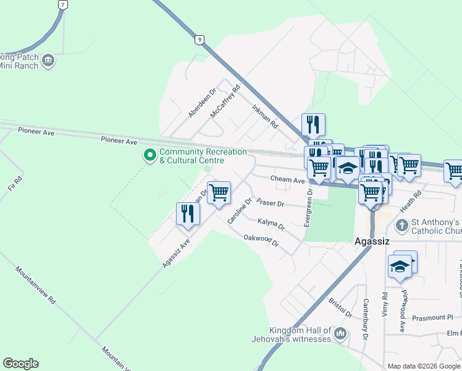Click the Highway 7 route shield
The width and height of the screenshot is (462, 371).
coord(62,4)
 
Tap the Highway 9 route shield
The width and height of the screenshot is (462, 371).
coord(198,40)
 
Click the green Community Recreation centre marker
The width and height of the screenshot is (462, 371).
coord(149,155)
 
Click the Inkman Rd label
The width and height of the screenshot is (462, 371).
coord(265,117)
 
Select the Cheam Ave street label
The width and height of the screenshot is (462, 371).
coord(288,179)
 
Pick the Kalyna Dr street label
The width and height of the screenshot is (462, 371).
coord(271,223)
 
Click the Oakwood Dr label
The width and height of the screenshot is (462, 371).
coord(261,240)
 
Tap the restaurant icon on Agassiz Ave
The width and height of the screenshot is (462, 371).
coord(188,213)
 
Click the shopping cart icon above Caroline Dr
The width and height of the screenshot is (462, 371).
coord(219,192)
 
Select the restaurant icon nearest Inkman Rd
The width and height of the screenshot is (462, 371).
coord(314,124)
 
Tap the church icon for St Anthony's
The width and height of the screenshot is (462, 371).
coord(401,226)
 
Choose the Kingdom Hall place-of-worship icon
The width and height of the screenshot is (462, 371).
coord(340,335)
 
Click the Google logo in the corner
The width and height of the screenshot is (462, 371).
coord(20,364)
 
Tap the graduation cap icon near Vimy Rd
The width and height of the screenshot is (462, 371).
coord(400,266)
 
